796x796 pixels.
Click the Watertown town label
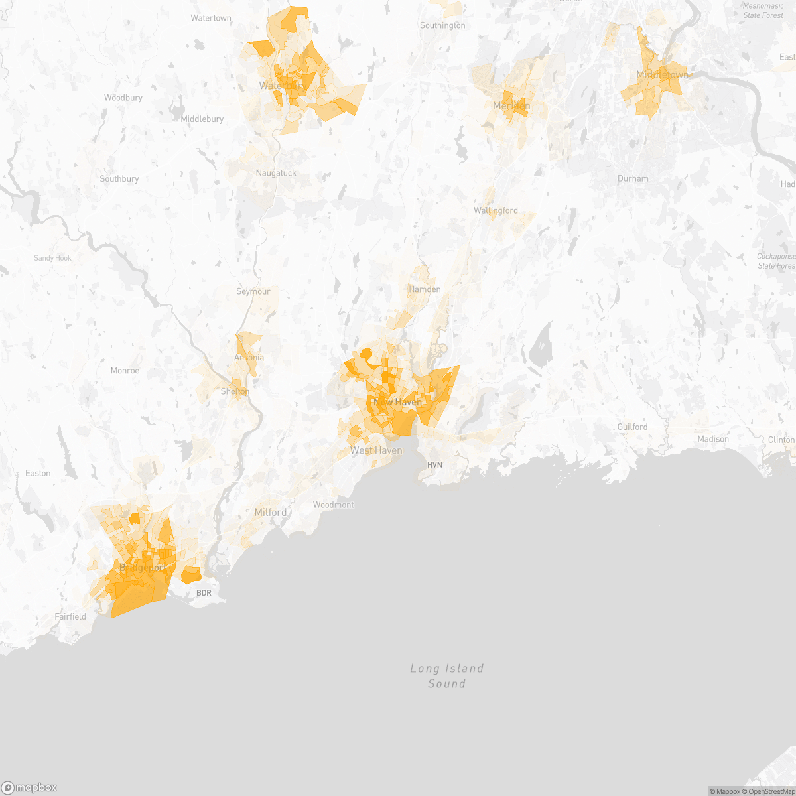[x=211, y=18]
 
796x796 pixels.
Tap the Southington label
[x=442, y=25]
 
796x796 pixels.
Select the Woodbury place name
[x=123, y=98]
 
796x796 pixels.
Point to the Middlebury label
[x=202, y=119]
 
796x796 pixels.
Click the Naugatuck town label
[x=276, y=173]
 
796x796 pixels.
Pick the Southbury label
[x=119, y=179]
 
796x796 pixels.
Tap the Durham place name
[x=633, y=178]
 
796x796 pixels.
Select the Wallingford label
[x=496, y=210]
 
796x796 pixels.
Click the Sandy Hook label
[x=53, y=258]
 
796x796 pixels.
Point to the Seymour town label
[x=253, y=291]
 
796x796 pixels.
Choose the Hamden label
[x=425, y=289]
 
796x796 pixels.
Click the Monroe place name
[x=125, y=371]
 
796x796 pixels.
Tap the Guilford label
[x=632, y=427]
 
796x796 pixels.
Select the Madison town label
[x=713, y=439]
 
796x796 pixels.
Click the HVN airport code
[x=434, y=465]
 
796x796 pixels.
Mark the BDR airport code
[x=204, y=592]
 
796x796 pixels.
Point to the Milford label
[x=271, y=512]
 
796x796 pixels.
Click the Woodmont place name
[x=334, y=505]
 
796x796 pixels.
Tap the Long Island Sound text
[x=446, y=676]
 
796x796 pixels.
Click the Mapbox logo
[x=29, y=787]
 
